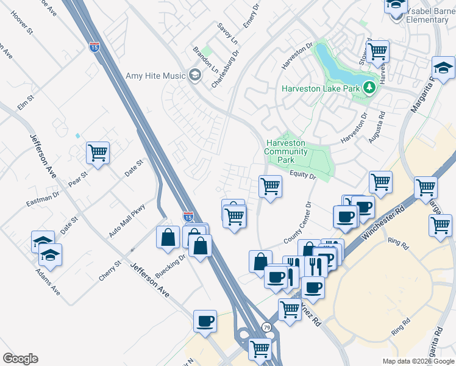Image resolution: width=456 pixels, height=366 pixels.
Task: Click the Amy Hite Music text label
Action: (x=155, y=76)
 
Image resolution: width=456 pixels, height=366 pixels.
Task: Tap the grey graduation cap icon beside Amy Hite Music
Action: (x=195, y=76)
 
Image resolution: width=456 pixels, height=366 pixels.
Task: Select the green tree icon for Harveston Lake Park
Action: (x=369, y=88)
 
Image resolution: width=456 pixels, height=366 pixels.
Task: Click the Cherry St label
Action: (x=110, y=269)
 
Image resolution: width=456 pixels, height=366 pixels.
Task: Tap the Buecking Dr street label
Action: (x=170, y=267)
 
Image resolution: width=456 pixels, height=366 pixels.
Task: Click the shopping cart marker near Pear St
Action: (x=98, y=152)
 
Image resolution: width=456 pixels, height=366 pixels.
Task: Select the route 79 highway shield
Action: (x=267, y=328)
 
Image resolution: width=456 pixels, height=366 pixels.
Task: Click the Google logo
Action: (x=20, y=359)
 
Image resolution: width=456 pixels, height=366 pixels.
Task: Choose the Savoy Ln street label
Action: (x=226, y=34)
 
